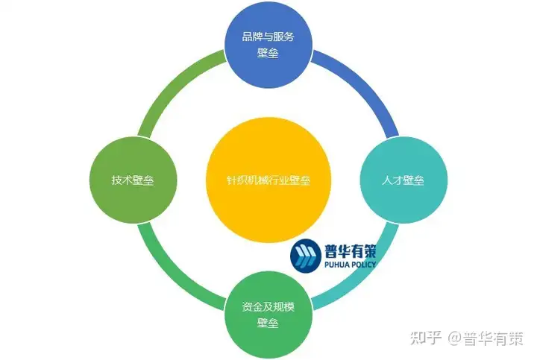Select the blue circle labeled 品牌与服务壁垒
(268, 47)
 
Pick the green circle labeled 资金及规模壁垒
(268, 315)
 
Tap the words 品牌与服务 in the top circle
(268, 37)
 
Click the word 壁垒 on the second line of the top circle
(267, 54)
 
